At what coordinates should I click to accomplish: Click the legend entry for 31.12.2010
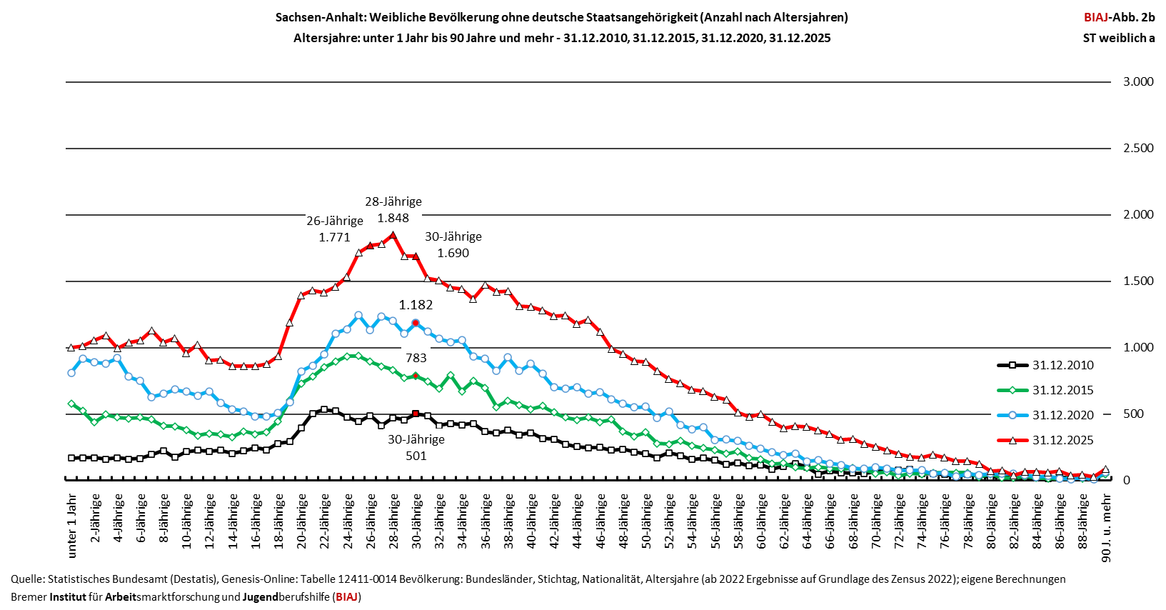click(1046, 365)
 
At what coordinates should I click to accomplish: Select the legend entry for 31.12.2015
click(1046, 390)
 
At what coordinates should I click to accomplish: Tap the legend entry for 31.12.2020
click(1046, 415)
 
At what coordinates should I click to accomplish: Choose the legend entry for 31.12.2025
click(1046, 440)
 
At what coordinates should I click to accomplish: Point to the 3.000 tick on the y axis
click(1139, 81)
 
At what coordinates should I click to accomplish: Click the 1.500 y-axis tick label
click(1139, 281)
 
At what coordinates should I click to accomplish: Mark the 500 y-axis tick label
click(1144, 414)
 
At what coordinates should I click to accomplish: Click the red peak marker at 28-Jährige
click(393, 235)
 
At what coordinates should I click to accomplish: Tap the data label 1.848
click(393, 219)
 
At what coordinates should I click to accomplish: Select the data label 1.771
click(334, 238)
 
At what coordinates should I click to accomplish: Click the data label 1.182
click(416, 305)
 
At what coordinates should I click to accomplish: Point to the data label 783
click(416, 358)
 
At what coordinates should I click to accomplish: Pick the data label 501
click(416, 456)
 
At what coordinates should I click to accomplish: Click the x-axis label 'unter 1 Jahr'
click(72, 526)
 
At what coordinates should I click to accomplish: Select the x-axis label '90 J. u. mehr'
click(1106, 528)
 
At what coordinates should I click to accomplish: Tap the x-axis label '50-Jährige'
click(646, 521)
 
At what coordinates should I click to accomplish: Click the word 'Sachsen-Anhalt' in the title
click(320, 18)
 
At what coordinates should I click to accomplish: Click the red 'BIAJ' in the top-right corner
click(1096, 17)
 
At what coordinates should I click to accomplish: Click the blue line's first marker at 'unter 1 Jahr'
click(71, 372)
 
